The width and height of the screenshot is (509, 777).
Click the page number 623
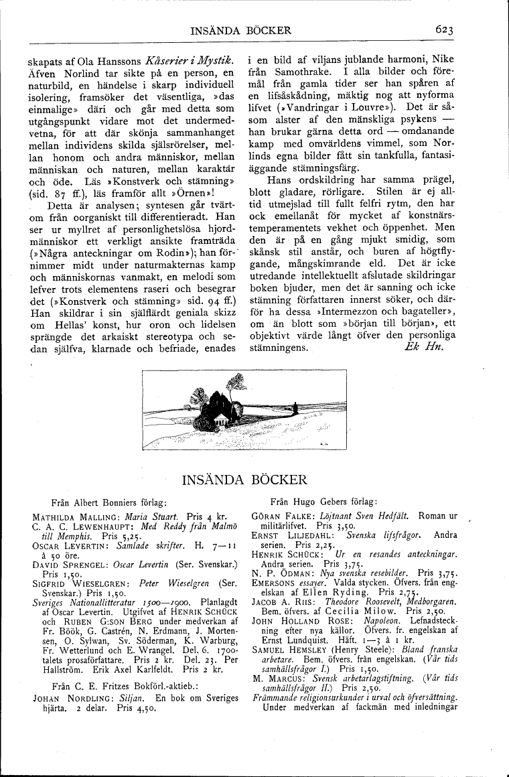(445, 29)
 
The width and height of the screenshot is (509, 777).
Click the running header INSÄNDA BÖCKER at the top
(241, 30)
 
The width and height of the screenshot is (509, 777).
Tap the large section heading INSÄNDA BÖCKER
(244, 480)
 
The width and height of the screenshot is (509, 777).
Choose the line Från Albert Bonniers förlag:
(108, 501)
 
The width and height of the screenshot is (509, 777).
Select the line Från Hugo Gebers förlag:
(323, 501)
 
